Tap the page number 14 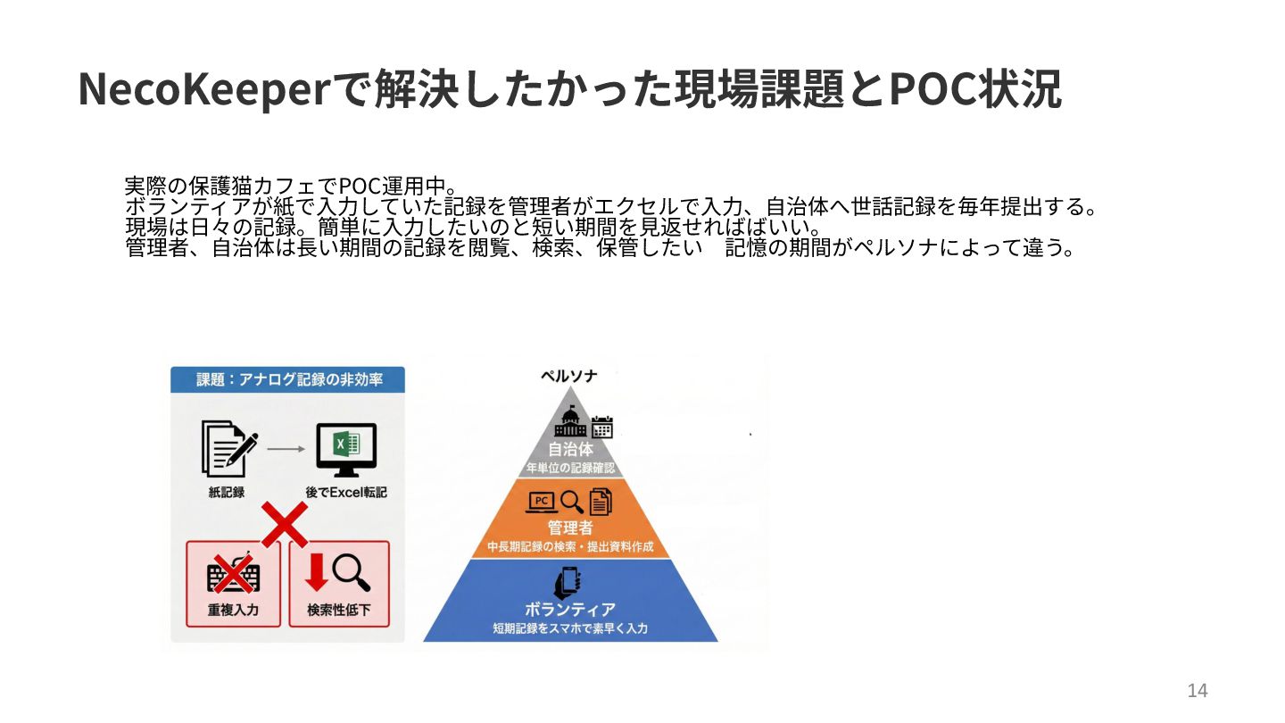[1197, 690]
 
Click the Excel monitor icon [346, 449]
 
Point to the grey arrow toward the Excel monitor [286, 449]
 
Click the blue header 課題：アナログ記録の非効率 [287, 379]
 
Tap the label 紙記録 [227, 492]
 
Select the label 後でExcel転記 [346, 492]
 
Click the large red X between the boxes [285, 525]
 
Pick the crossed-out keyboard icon [233, 575]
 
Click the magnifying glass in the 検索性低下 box [351, 572]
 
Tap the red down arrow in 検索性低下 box [316, 572]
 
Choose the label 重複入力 [233, 611]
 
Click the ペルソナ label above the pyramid [569, 377]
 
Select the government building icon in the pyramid [571, 424]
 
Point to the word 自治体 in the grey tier [570, 449]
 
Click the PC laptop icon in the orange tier [542, 502]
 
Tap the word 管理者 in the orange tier [570, 528]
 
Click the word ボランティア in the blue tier [570, 610]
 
